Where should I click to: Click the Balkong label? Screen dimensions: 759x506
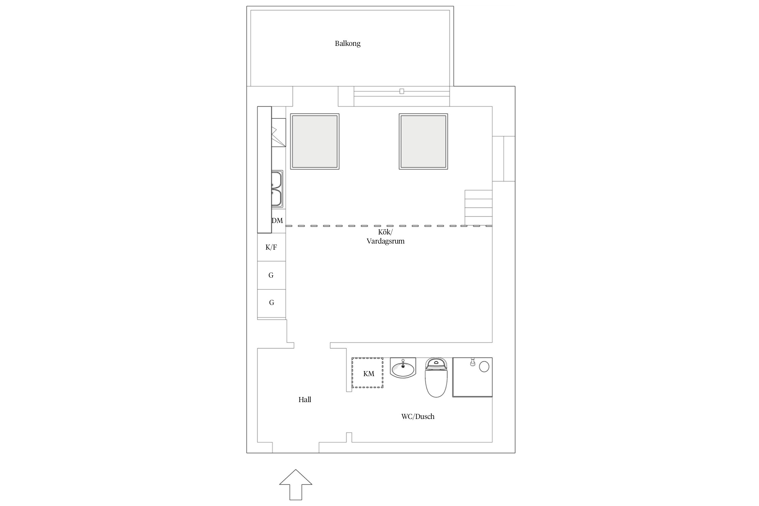point(347,44)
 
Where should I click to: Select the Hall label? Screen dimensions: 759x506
point(305,400)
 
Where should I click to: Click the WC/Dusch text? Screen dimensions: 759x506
point(418,417)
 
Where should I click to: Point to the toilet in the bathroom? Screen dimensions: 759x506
point(436,377)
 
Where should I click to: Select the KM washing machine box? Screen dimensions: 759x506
point(367,373)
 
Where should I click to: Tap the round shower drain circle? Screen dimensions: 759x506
point(484,367)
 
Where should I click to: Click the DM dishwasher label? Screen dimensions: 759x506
point(277,221)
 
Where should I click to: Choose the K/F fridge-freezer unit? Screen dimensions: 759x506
point(272,247)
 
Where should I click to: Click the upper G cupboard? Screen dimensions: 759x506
point(272,275)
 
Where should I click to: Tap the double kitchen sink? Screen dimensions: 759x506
point(277,189)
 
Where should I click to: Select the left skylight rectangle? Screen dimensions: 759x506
point(315,141)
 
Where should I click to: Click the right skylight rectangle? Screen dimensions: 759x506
point(423,141)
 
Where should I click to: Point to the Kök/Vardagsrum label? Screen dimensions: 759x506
point(386,237)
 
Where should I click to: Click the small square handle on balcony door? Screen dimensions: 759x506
point(401,91)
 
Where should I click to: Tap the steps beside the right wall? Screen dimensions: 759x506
point(478,207)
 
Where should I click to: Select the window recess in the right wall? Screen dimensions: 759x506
point(504,159)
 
